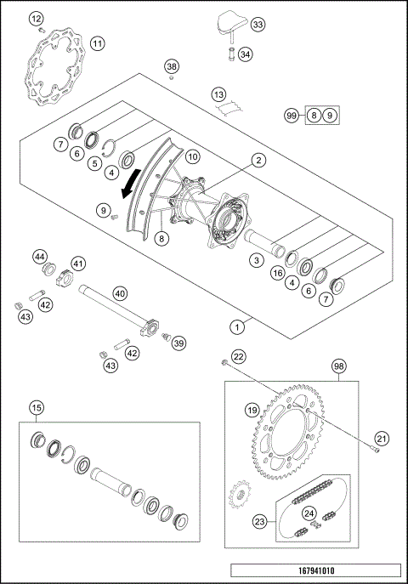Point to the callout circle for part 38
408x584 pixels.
point(173,66)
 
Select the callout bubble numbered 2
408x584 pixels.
point(258,159)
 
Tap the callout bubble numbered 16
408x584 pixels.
point(276,273)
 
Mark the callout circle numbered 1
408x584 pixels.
point(240,325)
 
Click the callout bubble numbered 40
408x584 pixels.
point(120,293)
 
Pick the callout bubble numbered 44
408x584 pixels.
point(40,256)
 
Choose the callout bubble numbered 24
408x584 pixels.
point(309,513)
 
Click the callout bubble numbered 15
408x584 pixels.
point(35,407)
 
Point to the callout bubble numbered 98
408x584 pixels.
point(340,366)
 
